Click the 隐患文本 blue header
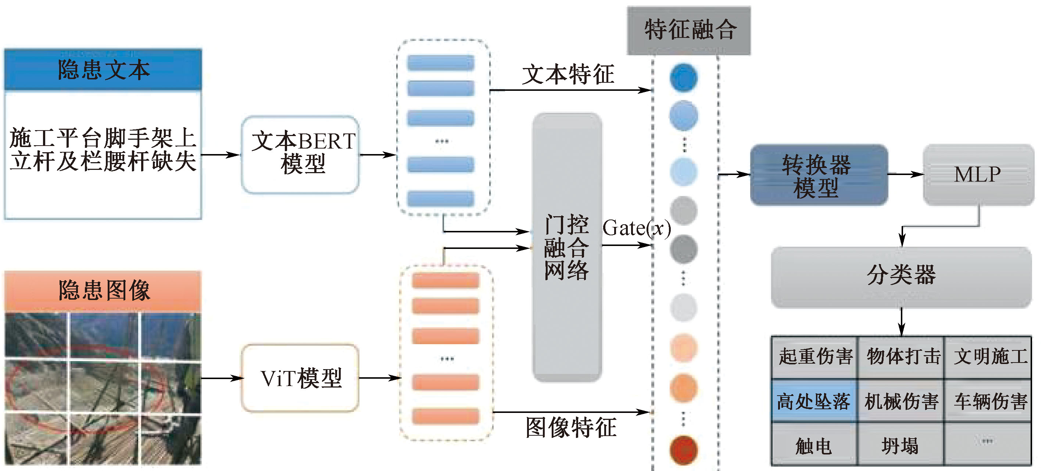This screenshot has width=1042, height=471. (x=103, y=69)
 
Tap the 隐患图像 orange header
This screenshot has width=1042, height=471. (x=103, y=290)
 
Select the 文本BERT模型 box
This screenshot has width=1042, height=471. (x=300, y=154)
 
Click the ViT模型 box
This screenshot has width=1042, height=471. (x=300, y=378)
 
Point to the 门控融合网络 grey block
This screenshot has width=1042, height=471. (x=566, y=247)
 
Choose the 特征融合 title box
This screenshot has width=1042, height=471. (x=689, y=30)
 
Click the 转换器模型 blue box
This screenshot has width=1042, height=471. (x=819, y=175)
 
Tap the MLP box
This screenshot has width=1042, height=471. (x=978, y=175)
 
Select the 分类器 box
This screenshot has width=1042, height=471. (x=901, y=277)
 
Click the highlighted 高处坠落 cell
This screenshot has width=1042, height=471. (x=814, y=401)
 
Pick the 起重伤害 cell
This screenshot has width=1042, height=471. (x=814, y=357)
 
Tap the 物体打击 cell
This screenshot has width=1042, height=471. (x=902, y=357)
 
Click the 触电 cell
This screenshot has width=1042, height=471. (x=814, y=446)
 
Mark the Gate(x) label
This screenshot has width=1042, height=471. (x=636, y=228)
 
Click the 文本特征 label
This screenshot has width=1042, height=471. (x=568, y=75)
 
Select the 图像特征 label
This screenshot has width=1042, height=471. (x=570, y=427)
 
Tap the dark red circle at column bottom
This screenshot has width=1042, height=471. (x=683, y=450)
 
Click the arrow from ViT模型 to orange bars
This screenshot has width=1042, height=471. (x=380, y=378)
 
